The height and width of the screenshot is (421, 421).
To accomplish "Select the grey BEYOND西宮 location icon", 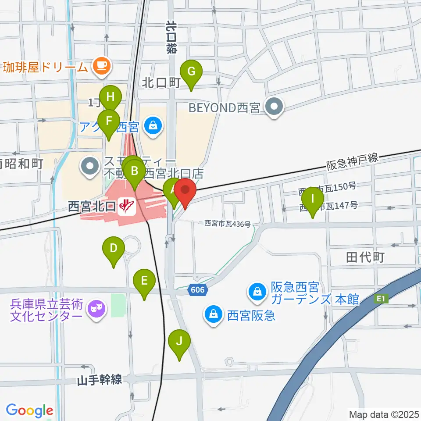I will [275, 107].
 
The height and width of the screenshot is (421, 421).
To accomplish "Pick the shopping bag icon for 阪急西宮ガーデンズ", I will [257, 292].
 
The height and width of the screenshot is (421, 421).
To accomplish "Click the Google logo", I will [29, 410].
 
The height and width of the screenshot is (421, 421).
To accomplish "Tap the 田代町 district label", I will [365, 257].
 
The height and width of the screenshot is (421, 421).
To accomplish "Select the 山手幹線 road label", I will [100, 380].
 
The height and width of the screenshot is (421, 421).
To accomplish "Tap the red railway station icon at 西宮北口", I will [127, 206].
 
